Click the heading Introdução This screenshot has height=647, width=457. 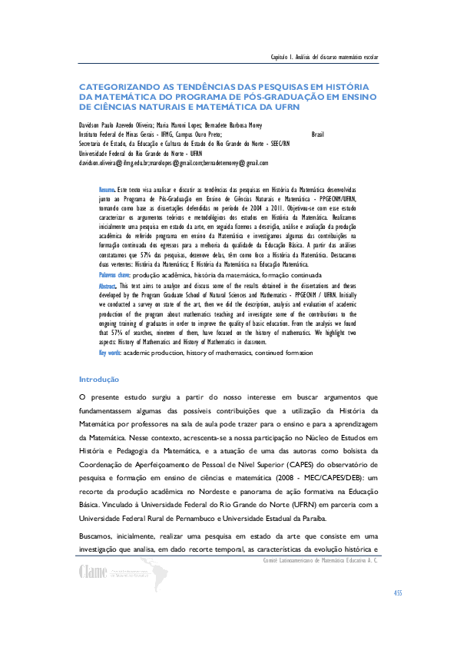(99, 379)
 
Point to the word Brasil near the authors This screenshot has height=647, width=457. (318, 134)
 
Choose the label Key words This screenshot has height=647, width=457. (111, 353)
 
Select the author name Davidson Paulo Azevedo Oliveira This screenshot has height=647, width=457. (117, 124)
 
